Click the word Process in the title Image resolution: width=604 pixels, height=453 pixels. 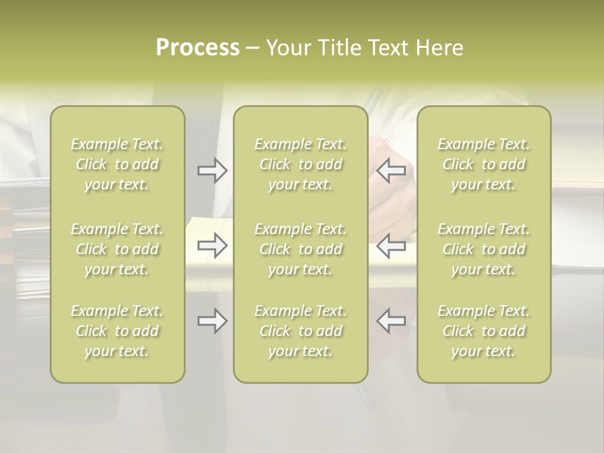(x=198, y=48)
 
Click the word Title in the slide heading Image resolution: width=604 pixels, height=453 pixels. (x=338, y=48)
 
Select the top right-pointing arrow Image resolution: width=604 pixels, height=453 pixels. (x=212, y=171)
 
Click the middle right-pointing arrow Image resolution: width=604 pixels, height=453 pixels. (x=212, y=245)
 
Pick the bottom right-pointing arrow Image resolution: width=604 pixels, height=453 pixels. (x=212, y=321)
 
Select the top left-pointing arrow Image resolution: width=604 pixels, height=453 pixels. (x=391, y=171)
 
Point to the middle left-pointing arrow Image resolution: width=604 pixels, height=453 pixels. (x=391, y=245)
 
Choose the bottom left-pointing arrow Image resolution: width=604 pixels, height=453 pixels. (x=391, y=321)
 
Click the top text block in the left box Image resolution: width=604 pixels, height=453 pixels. (x=117, y=164)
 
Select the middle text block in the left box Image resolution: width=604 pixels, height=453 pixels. (x=117, y=249)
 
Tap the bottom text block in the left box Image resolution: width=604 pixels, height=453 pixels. (x=117, y=331)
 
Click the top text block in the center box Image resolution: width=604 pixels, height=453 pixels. (x=301, y=164)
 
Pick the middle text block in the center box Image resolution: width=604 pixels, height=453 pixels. (x=301, y=249)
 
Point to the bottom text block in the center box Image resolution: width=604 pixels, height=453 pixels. (x=301, y=331)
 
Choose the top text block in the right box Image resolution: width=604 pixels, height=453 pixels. (x=484, y=164)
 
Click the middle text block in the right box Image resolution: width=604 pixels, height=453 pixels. (x=484, y=249)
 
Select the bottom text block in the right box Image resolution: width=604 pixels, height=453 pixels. (x=484, y=331)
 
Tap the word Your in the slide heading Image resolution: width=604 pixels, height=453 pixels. (x=287, y=48)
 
